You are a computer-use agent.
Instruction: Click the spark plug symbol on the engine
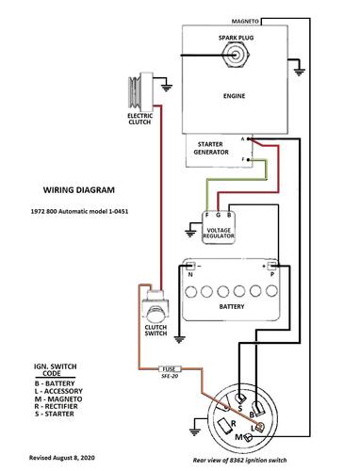237,56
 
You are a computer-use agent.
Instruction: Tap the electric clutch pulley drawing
140,92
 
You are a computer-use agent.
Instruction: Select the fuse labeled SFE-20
171,369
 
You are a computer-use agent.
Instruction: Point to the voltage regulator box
219,228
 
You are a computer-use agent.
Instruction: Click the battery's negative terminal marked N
190,266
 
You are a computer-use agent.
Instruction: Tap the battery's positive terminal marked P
271,266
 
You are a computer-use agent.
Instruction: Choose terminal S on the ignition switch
241,399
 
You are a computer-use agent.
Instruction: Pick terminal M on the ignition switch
248,437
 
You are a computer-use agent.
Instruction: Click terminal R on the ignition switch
225,426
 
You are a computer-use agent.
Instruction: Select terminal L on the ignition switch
260,427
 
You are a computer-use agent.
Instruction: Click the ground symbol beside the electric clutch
167,88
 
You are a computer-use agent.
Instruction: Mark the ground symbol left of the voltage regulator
189,233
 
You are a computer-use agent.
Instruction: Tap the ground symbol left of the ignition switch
195,431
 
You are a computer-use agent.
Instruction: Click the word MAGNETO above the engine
245,22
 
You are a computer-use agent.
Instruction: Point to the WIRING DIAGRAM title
79,190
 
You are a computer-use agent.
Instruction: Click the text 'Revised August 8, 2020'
62,458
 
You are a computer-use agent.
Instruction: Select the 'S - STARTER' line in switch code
55,414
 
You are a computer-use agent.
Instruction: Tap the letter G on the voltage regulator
218,215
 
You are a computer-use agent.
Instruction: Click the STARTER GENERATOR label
211,148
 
